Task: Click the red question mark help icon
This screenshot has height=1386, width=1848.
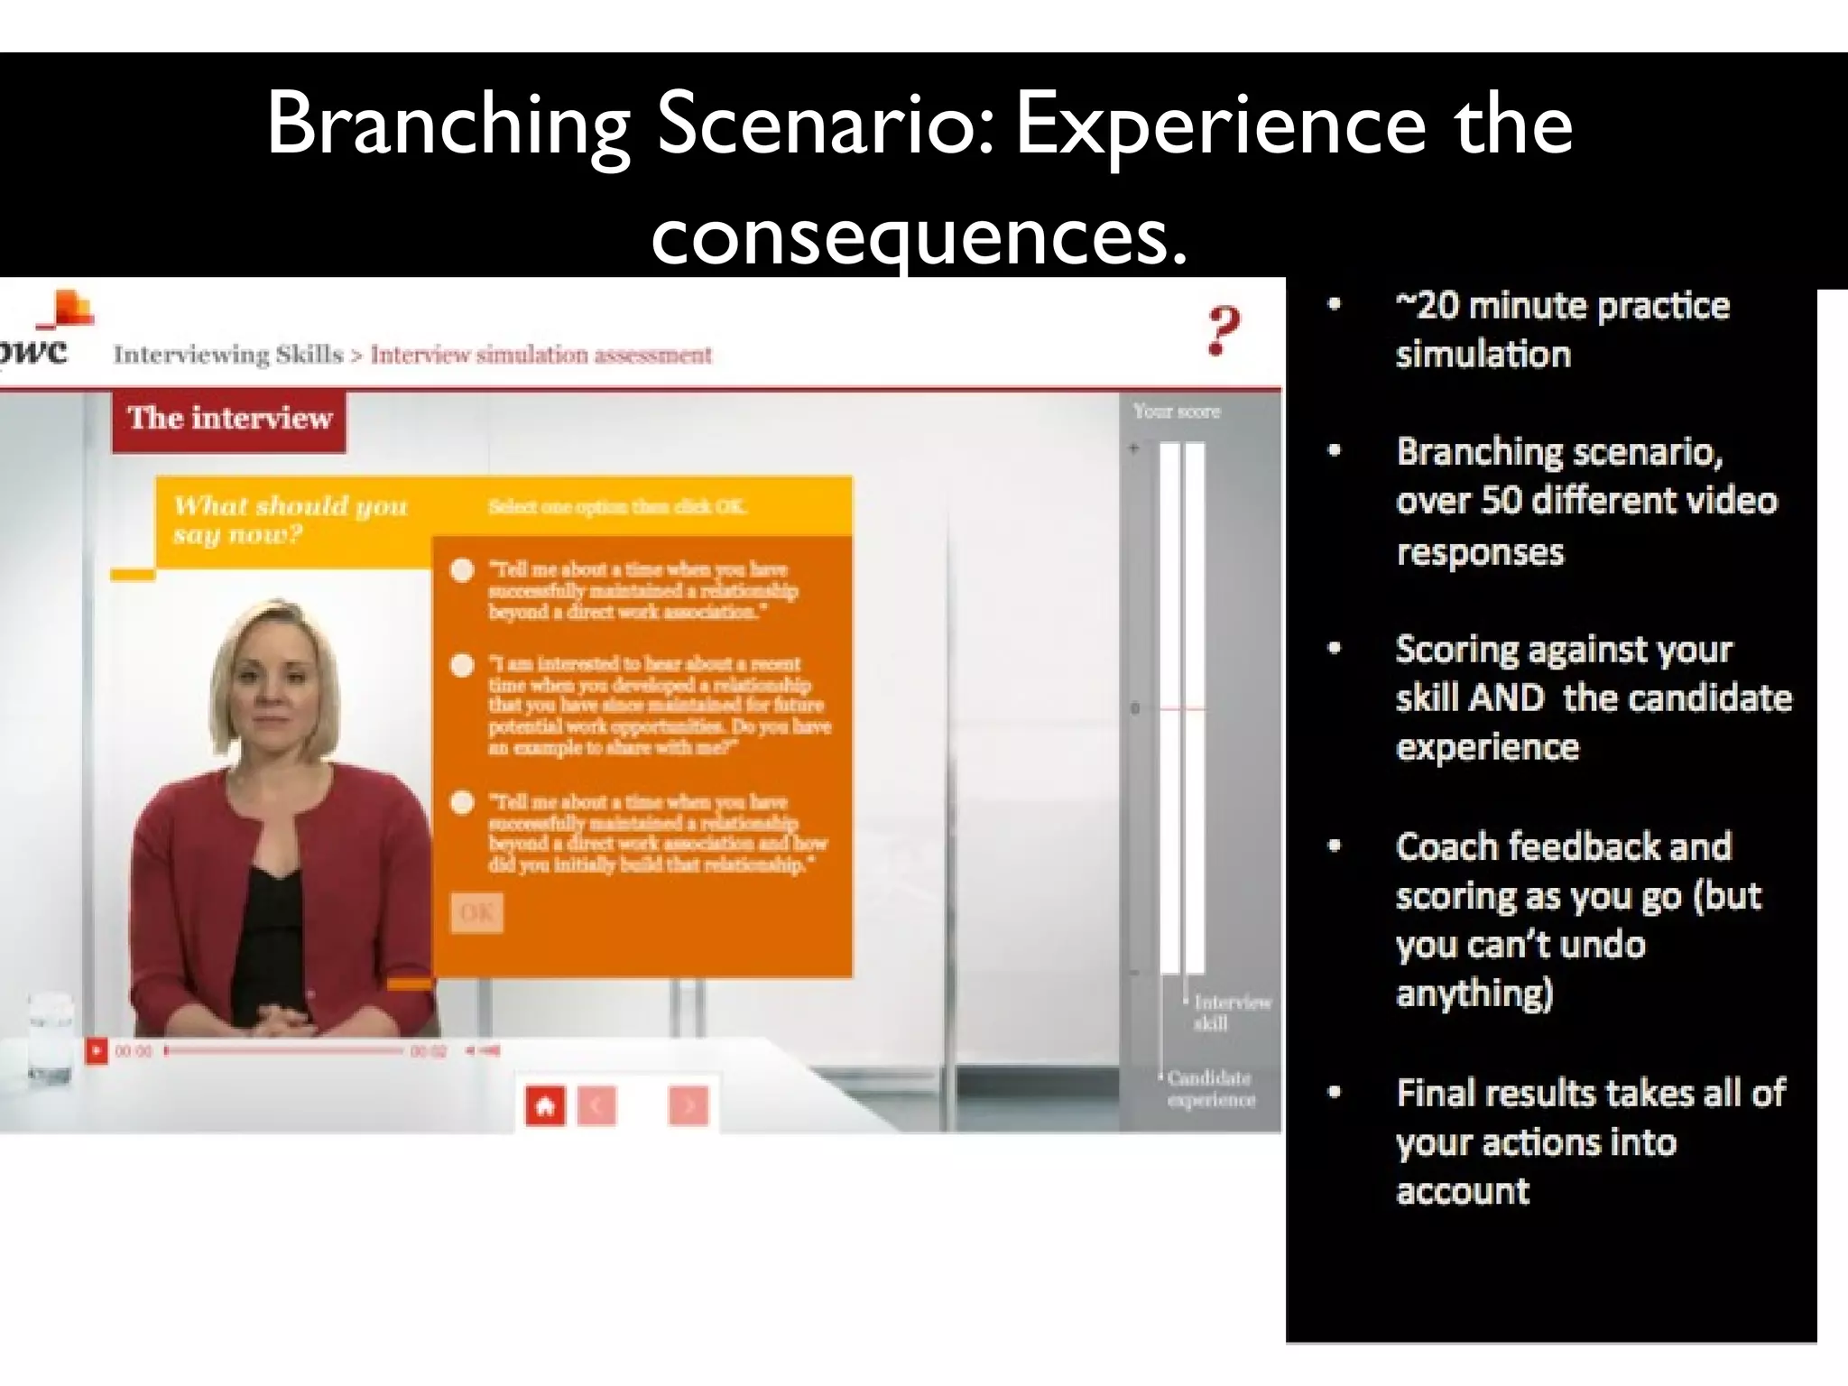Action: (1223, 332)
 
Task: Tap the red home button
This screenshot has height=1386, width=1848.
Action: (545, 1105)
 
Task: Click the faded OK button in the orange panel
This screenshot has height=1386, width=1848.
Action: (476, 913)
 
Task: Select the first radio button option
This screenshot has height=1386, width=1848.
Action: (463, 570)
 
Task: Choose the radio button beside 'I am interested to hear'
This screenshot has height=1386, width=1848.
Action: (463, 666)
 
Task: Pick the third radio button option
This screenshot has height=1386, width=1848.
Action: (463, 803)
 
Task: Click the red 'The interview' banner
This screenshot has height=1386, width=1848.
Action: (229, 419)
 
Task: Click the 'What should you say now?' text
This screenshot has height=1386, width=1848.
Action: (291, 519)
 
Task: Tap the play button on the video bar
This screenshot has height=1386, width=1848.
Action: (96, 1050)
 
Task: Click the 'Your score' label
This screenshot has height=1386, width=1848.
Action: (1177, 411)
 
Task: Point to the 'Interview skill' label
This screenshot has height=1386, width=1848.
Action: (1231, 1012)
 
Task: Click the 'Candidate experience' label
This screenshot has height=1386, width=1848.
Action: (1209, 1088)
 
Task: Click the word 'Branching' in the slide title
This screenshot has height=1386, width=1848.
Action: (448, 125)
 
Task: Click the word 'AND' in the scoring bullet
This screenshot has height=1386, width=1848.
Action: (1506, 698)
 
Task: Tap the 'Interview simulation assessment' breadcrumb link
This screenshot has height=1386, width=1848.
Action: (541, 355)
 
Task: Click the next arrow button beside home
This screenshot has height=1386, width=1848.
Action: (688, 1105)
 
